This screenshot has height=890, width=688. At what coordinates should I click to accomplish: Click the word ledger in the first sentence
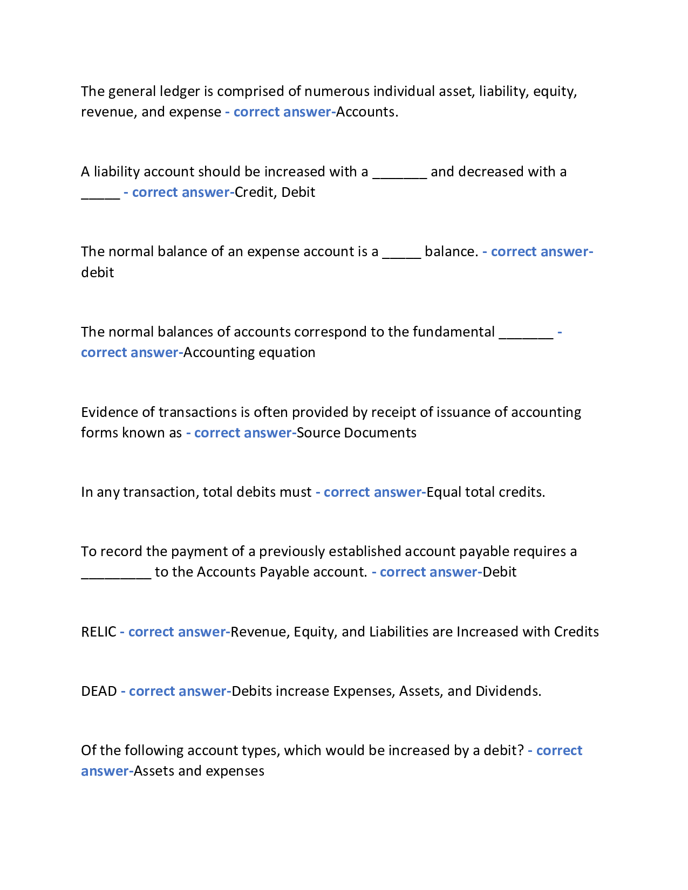[x=179, y=92]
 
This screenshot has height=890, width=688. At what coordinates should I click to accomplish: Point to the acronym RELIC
[x=99, y=632]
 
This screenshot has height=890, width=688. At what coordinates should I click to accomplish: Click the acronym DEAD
[x=99, y=692]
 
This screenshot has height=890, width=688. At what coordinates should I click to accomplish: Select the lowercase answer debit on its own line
[x=98, y=273]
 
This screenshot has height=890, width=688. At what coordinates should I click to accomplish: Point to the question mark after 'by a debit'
[x=521, y=751]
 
